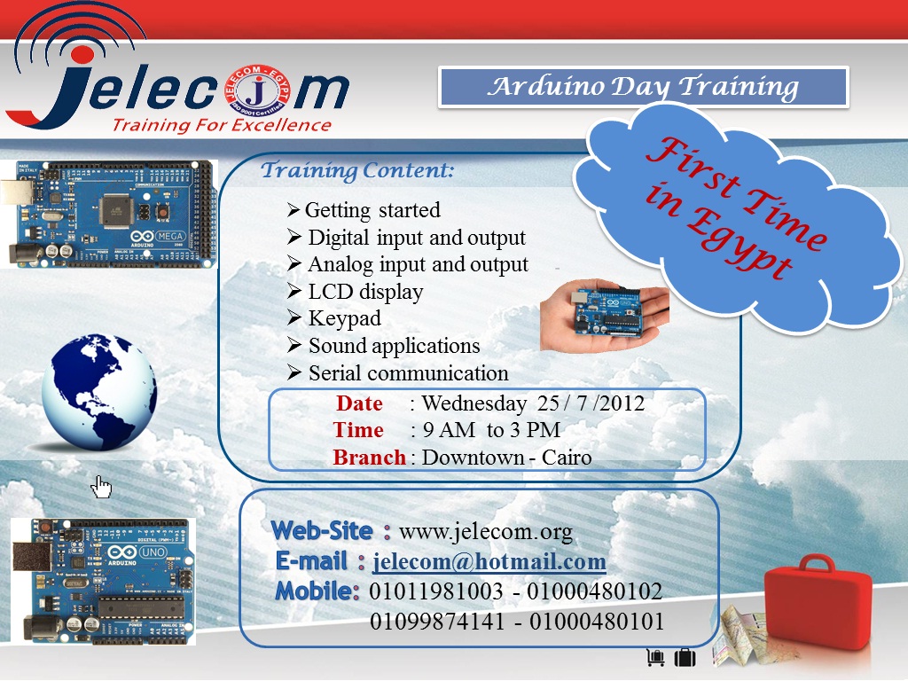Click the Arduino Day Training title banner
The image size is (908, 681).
click(x=644, y=87)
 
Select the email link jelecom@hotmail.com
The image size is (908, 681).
click(x=489, y=561)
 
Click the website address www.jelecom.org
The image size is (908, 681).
click(x=485, y=532)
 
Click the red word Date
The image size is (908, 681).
click(x=359, y=403)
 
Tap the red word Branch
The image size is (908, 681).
click(x=369, y=458)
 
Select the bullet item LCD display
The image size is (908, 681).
click(x=365, y=292)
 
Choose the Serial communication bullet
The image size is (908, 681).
click(x=408, y=372)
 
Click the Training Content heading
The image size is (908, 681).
click(x=357, y=170)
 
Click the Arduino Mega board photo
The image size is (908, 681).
click(x=113, y=213)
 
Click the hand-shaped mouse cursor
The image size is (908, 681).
click(x=102, y=486)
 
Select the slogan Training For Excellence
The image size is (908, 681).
click(x=221, y=125)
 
